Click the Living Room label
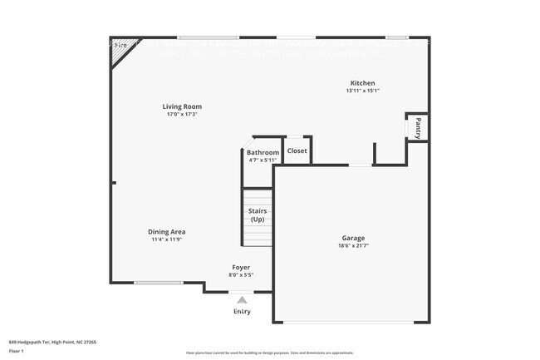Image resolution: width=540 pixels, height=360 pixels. (x=182, y=106)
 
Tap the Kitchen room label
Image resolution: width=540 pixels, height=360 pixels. (x=362, y=83)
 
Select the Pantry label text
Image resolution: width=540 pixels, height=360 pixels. (x=418, y=127)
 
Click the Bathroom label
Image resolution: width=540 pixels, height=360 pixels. (x=263, y=152)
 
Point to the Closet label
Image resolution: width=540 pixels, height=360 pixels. (x=297, y=150)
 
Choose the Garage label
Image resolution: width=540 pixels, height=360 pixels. (x=353, y=238)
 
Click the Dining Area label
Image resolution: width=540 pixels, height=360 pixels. (x=167, y=231)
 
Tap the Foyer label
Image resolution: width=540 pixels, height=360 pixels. (x=241, y=267)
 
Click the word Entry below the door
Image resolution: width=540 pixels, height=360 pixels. (x=242, y=312)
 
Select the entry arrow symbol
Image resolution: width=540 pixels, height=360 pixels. (x=242, y=300)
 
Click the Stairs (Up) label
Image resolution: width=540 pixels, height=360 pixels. (x=258, y=215)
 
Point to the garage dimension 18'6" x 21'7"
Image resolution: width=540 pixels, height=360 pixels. (x=353, y=246)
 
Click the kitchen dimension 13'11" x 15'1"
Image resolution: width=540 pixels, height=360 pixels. (x=362, y=91)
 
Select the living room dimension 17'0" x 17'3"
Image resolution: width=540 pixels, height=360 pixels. (x=182, y=114)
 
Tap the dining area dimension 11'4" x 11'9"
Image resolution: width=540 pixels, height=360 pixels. (x=167, y=239)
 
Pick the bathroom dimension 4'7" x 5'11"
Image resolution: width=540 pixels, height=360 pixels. (x=263, y=160)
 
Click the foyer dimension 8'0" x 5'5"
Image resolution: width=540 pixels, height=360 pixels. (x=241, y=274)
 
